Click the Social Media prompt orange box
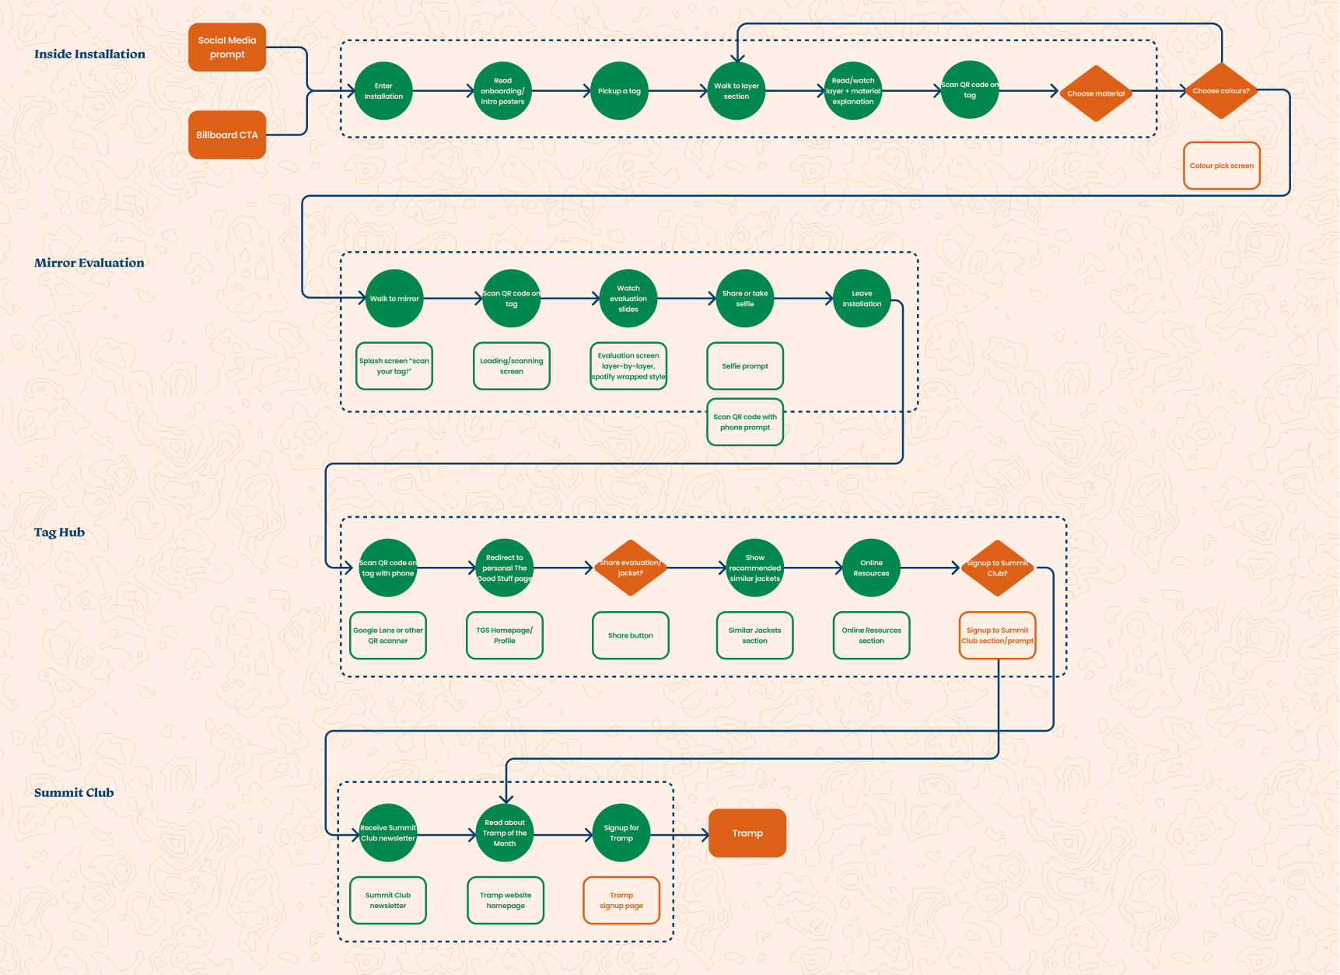(x=227, y=47)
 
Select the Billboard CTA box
(x=227, y=135)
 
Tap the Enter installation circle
(x=383, y=91)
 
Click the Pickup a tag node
(x=619, y=91)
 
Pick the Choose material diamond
(x=1095, y=93)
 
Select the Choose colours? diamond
(x=1221, y=91)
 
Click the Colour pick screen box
(x=1221, y=166)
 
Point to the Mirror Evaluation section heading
(x=89, y=263)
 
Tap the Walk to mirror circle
(x=394, y=299)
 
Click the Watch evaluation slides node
(x=628, y=299)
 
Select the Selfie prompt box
(x=744, y=366)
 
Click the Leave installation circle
(x=862, y=299)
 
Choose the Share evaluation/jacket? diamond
(x=630, y=568)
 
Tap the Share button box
(x=630, y=635)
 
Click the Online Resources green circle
(x=871, y=568)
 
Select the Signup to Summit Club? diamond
(x=997, y=568)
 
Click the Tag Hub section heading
(x=59, y=533)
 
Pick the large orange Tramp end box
(x=747, y=833)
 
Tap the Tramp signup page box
(x=621, y=900)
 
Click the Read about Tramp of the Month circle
(x=505, y=833)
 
